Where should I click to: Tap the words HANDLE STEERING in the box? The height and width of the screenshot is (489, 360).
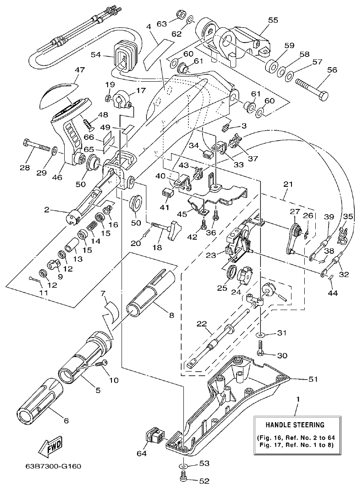[295, 424]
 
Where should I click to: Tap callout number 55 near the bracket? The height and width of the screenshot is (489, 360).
[273, 20]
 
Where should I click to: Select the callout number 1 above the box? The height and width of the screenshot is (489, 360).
[297, 400]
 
